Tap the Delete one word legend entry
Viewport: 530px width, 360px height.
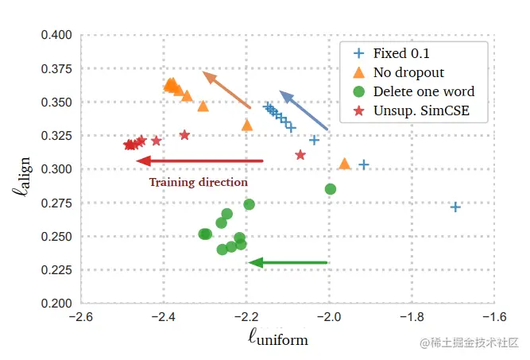[413, 91]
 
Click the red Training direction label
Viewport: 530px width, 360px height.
[198, 182]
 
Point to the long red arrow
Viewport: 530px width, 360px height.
[199, 161]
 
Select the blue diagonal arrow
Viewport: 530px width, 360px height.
[303, 110]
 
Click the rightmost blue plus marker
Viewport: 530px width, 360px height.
[455, 207]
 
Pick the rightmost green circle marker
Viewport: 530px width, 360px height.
[331, 189]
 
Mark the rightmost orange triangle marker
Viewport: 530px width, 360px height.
[345, 164]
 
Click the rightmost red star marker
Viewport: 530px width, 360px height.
[300, 155]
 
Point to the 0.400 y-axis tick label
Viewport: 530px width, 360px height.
[56, 35]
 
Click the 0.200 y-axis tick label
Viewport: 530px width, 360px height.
[56, 304]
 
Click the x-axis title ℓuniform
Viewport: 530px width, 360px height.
[278, 339]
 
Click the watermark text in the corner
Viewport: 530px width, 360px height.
[470, 343]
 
